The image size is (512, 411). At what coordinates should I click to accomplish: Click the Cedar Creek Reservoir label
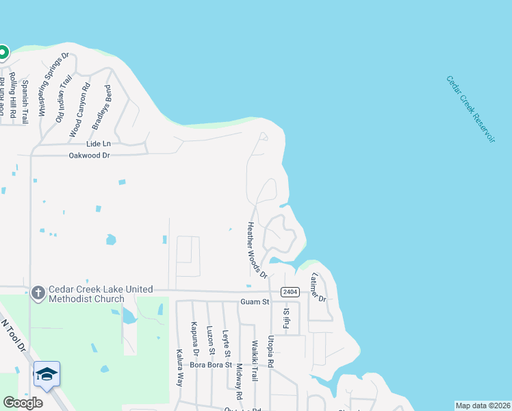pos(470,109)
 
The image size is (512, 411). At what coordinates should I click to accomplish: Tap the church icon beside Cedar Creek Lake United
pos(38,292)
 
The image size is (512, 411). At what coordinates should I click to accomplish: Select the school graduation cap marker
pos(47,374)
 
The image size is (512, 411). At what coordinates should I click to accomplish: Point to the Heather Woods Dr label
pos(257,250)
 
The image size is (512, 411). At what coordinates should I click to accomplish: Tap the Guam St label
pos(253,301)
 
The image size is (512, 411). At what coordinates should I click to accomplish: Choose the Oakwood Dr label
pos(89,155)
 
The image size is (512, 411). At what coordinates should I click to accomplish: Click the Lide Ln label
pos(98,144)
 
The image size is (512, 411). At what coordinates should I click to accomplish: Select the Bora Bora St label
pos(211,365)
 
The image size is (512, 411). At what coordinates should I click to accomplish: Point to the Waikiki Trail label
pos(254,361)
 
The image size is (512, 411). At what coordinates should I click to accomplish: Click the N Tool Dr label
pos(13,335)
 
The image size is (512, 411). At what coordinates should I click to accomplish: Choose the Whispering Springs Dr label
pos(52,84)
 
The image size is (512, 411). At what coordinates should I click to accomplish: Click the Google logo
pos(23,403)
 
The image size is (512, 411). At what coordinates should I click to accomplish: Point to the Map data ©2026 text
pos(483,406)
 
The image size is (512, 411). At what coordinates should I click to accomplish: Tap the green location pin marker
pos(3,52)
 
